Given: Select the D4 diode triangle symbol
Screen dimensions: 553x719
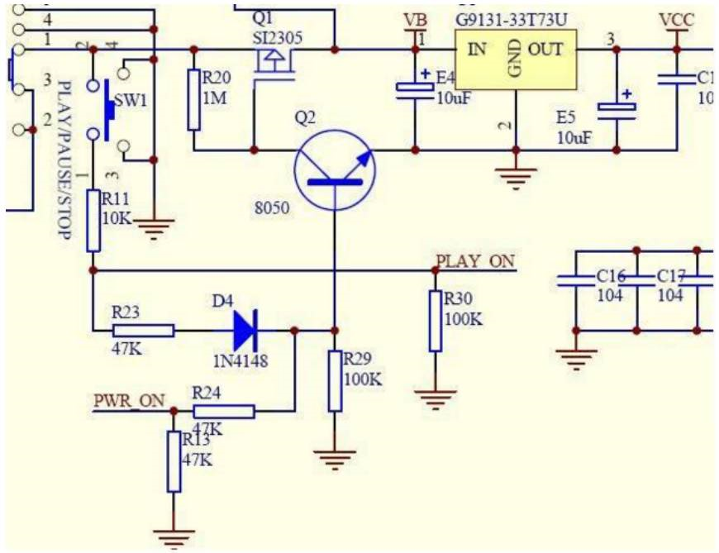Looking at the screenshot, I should pos(245,330).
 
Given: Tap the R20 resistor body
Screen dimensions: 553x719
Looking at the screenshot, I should pos(194,100).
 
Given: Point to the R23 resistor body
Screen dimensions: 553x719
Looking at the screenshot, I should pos(143,331).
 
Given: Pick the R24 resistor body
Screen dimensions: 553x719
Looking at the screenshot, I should pos(223,411).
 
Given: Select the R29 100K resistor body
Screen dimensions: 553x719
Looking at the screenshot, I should pos(335,380).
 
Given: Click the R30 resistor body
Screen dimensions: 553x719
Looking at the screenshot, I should pos(436,321).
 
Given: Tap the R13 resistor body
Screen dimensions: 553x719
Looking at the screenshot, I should pos(174,461).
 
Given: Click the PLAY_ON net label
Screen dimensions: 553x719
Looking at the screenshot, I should pos(475,262).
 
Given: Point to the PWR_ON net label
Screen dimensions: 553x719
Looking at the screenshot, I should pos(128,403).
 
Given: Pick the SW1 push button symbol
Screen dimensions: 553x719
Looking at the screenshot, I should pos(108,108).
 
